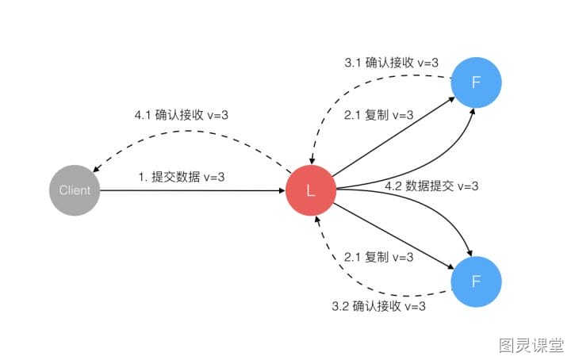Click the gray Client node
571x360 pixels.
click(x=75, y=190)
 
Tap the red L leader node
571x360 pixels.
click(x=311, y=190)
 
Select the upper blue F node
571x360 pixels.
click(x=476, y=82)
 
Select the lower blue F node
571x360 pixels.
click(x=476, y=281)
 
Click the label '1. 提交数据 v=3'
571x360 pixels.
click(x=182, y=177)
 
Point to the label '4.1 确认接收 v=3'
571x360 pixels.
click(x=182, y=115)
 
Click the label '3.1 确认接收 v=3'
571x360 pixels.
click(x=392, y=63)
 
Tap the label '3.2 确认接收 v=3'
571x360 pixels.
click(x=379, y=306)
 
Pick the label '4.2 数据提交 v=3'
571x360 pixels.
click(x=431, y=186)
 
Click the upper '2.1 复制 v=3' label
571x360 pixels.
click(x=379, y=115)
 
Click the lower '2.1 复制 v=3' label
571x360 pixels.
click(x=379, y=257)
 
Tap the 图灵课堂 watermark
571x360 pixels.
click(x=531, y=345)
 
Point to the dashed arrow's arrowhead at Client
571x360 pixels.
click(x=96, y=169)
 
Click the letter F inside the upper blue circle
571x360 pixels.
click(x=476, y=82)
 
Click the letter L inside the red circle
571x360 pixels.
click(x=311, y=190)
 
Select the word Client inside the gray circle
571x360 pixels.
click(x=75, y=190)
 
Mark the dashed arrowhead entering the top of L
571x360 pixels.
click(x=312, y=161)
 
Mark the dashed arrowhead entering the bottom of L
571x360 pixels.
click(x=316, y=220)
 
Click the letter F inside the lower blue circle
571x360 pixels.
click(x=476, y=281)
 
